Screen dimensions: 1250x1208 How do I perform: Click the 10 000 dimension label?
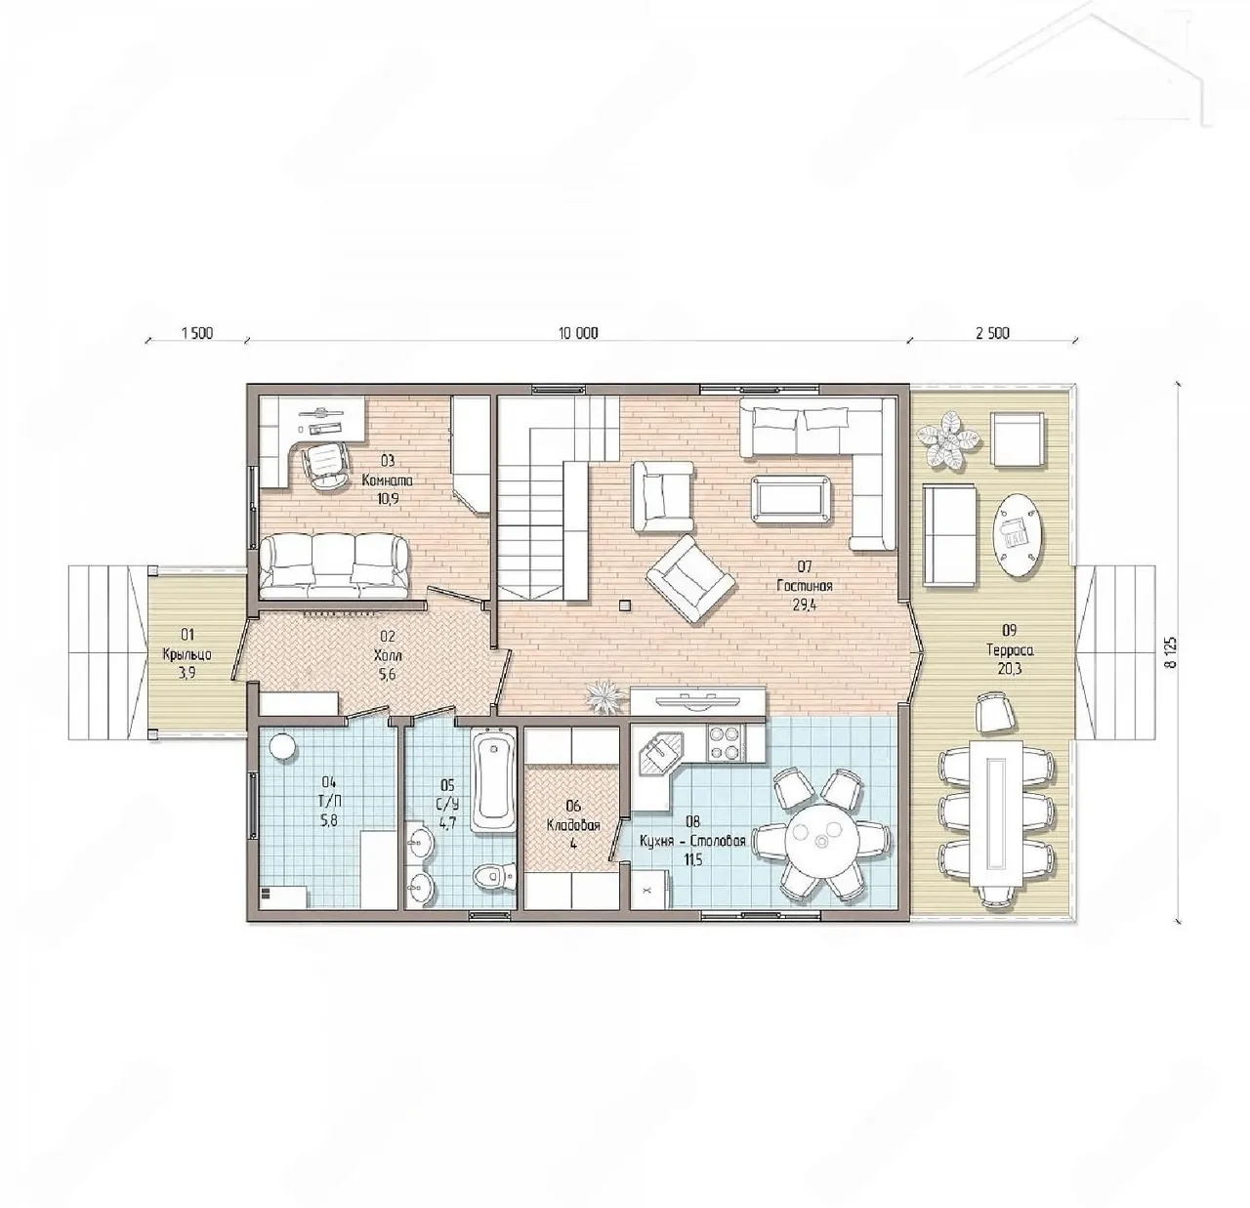point(578,333)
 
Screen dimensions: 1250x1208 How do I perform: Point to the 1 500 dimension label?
point(197,333)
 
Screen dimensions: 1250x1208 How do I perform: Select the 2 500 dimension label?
point(992,333)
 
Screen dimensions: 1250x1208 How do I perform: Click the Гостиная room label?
point(805,586)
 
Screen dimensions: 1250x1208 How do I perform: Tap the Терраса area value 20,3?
point(1010,669)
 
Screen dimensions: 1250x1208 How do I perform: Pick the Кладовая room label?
point(573,825)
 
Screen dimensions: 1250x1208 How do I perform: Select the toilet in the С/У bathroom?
point(493,875)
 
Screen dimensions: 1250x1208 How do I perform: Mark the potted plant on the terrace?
point(949,438)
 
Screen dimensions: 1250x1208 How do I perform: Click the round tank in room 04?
point(282,747)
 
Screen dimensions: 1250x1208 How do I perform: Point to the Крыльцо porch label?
point(187,655)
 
